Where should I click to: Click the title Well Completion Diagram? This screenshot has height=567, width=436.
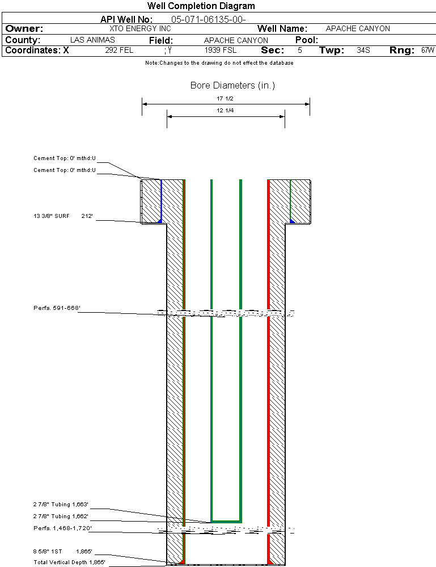tap(201, 6)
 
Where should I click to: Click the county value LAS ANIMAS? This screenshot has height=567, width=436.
tap(92, 40)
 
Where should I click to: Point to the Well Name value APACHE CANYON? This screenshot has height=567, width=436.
tap(358, 28)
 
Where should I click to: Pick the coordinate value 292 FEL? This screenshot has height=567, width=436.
tap(118, 51)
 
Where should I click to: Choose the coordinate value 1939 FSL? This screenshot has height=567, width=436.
tap(221, 51)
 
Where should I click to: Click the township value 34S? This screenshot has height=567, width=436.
tap(363, 51)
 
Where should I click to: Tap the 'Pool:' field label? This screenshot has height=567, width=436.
tap(307, 40)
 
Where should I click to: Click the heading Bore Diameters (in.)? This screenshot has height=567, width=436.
tap(232, 86)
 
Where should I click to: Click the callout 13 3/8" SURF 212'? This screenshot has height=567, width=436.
tap(63, 216)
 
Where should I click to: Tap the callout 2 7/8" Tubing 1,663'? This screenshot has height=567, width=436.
tap(61, 504)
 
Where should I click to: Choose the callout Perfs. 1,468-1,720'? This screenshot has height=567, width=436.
tap(62, 528)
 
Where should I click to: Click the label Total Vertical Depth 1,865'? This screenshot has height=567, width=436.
tap(69, 562)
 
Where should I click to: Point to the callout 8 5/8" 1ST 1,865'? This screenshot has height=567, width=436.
tap(63, 551)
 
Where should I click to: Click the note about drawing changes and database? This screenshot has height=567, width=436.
tap(219, 63)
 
